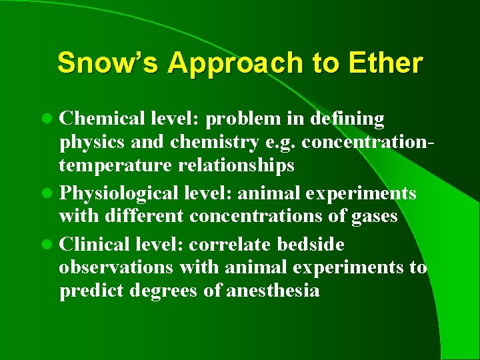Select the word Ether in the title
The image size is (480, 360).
391,63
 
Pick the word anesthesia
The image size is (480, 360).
273,291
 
